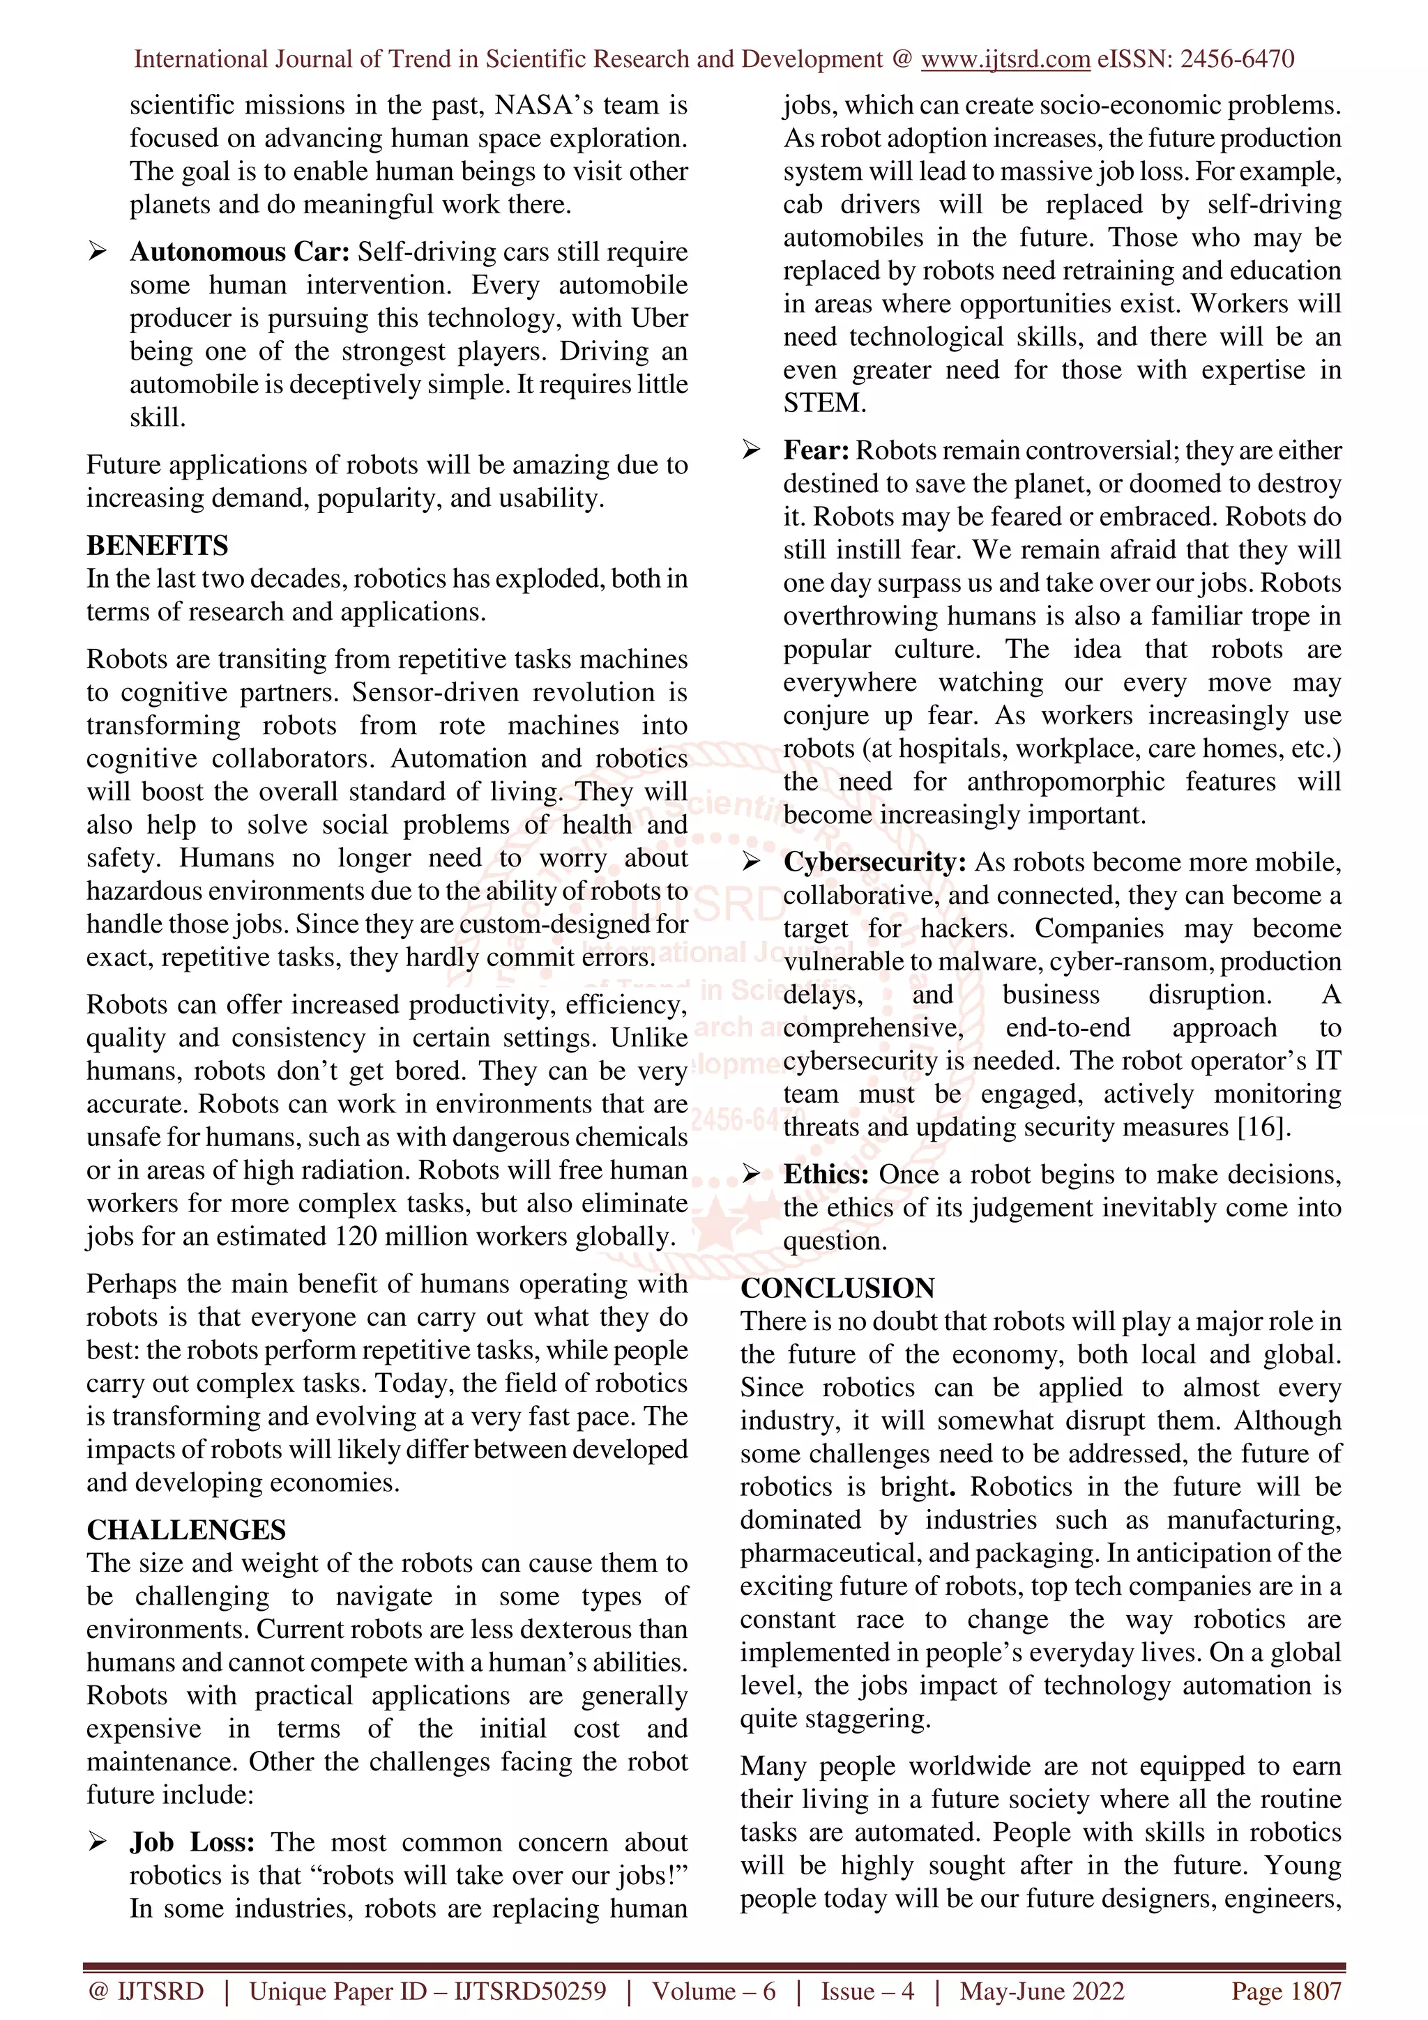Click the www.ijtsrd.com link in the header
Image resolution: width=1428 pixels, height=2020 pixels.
pyautogui.click(x=1005, y=60)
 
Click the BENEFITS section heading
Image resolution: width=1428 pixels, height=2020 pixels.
pyautogui.click(x=158, y=546)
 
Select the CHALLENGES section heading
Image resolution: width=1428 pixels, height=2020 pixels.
pyautogui.click(x=187, y=1530)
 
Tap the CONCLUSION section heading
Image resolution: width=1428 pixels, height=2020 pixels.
pyautogui.click(x=837, y=1288)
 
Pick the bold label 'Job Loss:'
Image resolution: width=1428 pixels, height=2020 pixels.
pyautogui.click(x=192, y=1842)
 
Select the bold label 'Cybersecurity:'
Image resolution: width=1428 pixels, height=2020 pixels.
pyautogui.click(x=874, y=862)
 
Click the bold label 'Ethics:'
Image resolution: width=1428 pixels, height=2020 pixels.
pyautogui.click(x=826, y=1174)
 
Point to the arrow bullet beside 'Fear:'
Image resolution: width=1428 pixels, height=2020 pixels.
pyautogui.click(x=752, y=450)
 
